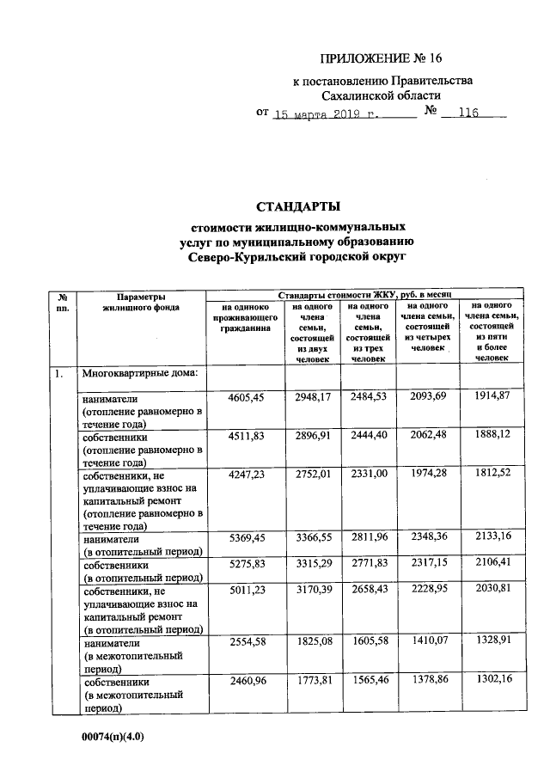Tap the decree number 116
(471, 113)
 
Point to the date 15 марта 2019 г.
(325, 113)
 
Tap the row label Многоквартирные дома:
(140, 373)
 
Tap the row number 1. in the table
(57, 373)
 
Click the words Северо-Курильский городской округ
(298, 256)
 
